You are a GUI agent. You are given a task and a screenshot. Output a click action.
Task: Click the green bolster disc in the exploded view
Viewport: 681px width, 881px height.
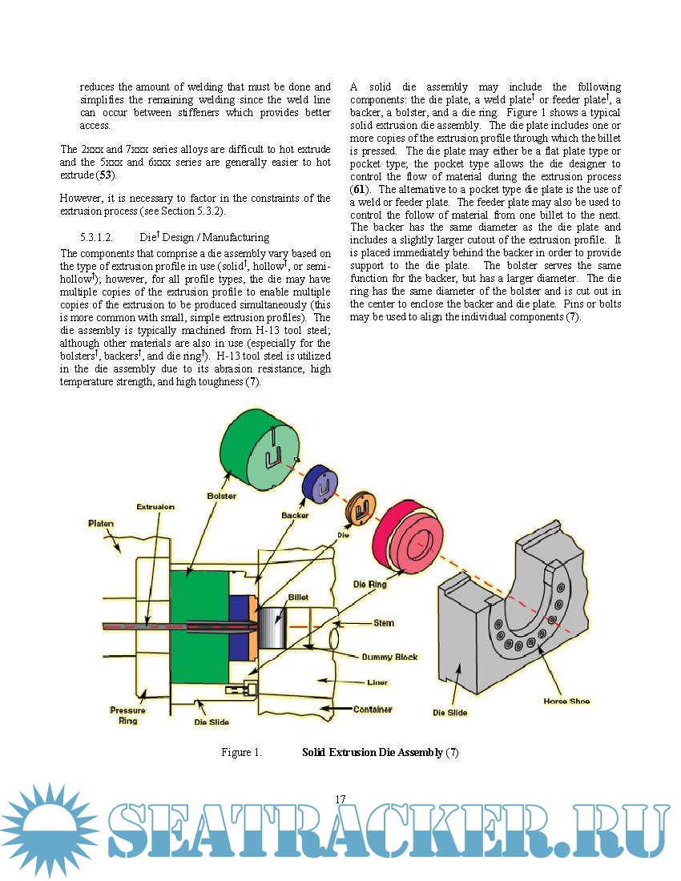[259, 449]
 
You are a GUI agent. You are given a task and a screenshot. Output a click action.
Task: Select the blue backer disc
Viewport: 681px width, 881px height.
[319, 484]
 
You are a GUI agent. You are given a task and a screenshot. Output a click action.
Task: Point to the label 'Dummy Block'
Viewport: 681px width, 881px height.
[389, 657]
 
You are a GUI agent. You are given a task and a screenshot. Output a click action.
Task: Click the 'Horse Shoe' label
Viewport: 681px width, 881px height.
[566, 701]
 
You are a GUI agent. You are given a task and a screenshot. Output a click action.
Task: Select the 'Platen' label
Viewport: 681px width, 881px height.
[101, 524]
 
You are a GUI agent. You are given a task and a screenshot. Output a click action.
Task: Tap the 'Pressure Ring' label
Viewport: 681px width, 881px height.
[127, 715]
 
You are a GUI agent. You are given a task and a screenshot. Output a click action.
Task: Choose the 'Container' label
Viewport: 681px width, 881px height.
[373, 709]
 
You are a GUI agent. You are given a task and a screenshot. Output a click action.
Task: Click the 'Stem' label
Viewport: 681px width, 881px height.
[383, 622]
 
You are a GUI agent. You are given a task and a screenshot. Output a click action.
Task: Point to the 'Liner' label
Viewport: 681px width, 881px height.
[377, 682]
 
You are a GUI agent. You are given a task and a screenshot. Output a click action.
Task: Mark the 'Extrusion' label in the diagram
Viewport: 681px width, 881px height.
[155, 507]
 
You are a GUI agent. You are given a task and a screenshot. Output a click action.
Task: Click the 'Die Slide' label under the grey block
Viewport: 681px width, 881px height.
[450, 712]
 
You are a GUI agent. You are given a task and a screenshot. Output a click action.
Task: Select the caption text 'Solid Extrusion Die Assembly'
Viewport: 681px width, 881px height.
[372, 753]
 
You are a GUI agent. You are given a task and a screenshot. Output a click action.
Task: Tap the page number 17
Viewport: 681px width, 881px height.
[340, 799]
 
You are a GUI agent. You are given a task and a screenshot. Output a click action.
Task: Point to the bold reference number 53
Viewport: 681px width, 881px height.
[104, 174]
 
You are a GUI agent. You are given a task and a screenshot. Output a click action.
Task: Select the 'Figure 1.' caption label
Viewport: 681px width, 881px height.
[242, 753]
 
